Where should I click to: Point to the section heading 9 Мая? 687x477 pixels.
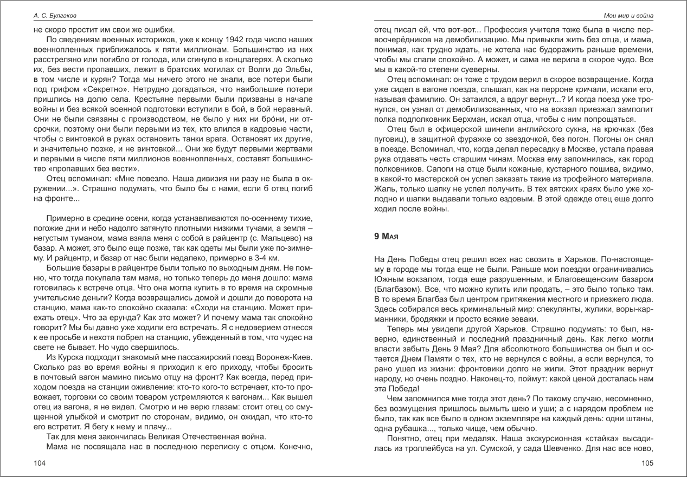(387, 236)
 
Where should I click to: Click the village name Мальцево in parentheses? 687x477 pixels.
(274, 238)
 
